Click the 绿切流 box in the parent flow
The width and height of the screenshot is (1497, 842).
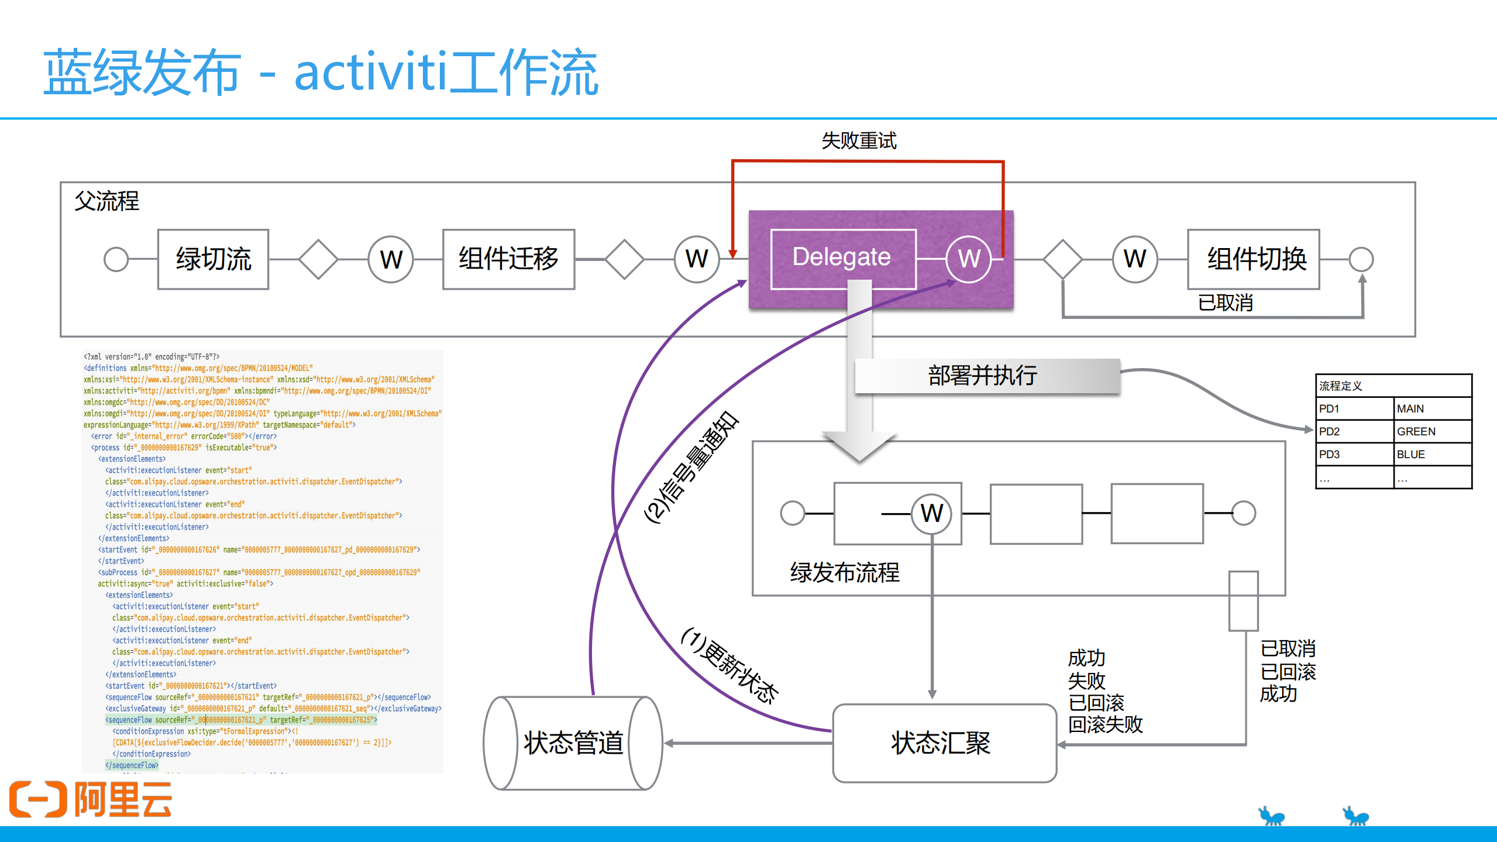pos(213,259)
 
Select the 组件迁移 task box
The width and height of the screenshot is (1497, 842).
pos(508,259)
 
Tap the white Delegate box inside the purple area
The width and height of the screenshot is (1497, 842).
pos(842,258)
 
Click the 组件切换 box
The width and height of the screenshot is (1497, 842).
pos(1253,259)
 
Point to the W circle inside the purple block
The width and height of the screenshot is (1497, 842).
pos(968,259)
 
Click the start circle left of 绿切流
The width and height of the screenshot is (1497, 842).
pos(116,259)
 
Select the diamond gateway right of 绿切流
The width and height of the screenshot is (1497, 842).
pos(318,259)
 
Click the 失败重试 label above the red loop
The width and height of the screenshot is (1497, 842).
pos(858,141)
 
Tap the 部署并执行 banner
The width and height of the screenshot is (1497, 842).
pos(983,376)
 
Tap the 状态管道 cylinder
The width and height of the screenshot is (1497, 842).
pos(573,743)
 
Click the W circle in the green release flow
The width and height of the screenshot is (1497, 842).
pos(931,514)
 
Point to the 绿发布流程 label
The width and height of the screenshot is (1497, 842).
pos(844,572)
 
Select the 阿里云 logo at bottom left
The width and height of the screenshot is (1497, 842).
pos(91,799)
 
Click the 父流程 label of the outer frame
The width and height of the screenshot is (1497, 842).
pos(107,201)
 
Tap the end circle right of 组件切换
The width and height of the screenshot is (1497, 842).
pos(1361,259)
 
